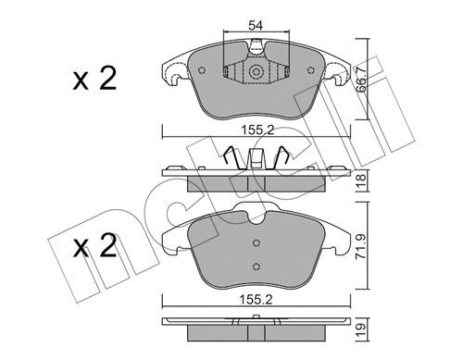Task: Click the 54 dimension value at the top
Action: (256, 25)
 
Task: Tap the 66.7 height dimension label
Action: (361, 80)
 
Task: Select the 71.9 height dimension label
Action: (361, 246)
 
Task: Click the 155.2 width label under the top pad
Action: (257, 130)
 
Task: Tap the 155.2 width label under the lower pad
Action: (256, 299)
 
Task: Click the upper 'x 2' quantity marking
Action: (94, 79)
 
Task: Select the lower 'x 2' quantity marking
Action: (94, 245)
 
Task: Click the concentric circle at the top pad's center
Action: (256, 72)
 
